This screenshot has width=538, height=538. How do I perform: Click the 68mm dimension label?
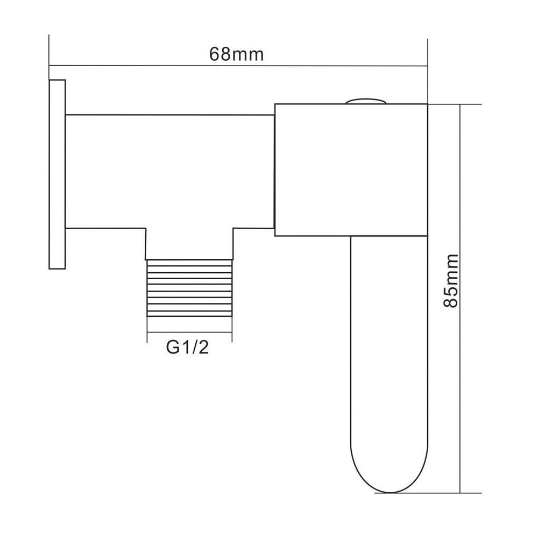pos(237,54)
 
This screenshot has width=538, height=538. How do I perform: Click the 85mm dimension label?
pos(449,280)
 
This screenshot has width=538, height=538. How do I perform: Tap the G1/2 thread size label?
pos(187,348)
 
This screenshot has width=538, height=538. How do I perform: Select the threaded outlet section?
pos(189,288)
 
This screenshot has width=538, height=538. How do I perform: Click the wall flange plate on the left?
pos(57,174)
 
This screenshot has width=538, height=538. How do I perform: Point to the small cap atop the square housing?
pos(366,100)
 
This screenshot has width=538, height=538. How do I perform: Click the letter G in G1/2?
pos(172,348)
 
